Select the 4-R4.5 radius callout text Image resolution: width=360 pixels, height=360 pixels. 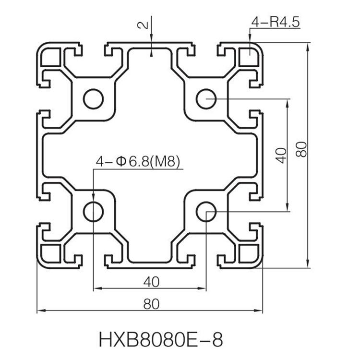point(276,22)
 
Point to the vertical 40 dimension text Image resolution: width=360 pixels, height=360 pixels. point(281,156)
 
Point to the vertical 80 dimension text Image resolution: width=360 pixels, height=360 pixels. point(301,149)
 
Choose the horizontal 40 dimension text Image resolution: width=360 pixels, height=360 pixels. point(151,282)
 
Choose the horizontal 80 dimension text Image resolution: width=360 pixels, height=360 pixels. point(151,304)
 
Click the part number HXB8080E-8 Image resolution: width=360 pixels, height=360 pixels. point(161,339)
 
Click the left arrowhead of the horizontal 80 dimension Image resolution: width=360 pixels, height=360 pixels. point(40,311)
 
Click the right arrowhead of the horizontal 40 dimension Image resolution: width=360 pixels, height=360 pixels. point(203,288)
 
